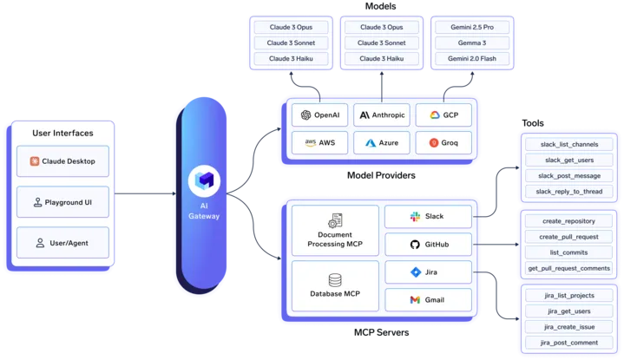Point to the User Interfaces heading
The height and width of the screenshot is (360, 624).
coord(62,133)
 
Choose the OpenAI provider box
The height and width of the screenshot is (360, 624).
coord(319,115)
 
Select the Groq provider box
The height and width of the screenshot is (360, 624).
coord(443,141)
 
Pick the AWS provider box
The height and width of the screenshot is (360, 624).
coord(319,141)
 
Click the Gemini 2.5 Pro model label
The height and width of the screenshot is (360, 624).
coord(470,27)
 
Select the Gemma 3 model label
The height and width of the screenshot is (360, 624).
coord(470,43)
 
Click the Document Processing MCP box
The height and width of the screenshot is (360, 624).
coord(333,232)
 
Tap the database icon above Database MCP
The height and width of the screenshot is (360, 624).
coord(333,280)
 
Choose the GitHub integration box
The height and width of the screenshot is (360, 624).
coord(429,245)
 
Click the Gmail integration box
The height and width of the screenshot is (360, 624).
coord(429,300)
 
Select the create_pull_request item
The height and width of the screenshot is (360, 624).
coord(568,237)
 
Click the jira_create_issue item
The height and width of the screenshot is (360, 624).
coord(568,327)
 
